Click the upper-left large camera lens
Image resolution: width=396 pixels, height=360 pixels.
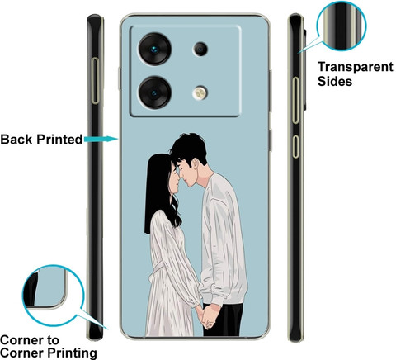coord(154,49)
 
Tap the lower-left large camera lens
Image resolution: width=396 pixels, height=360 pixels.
coord(154,92)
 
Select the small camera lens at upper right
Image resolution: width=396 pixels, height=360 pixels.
coord(200,49)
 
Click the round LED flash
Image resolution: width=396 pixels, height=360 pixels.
coord(200,92)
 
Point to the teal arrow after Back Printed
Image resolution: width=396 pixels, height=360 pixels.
coord(101,139)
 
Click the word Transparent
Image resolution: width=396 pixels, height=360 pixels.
coord(356,67)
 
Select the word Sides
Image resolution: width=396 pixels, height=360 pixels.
coord(335,81)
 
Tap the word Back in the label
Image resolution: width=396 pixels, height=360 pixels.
coord(16,139)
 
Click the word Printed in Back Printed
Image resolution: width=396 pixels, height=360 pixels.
coord(59,139)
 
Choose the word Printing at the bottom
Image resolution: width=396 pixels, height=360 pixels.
coord(72,353)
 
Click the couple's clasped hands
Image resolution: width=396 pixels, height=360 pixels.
coord(206,316)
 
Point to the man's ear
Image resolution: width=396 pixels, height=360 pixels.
coord(195,164)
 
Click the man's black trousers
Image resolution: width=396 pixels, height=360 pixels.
coord(223,320)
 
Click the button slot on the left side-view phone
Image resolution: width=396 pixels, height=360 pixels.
coord(95,81)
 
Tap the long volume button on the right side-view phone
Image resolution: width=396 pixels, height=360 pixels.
coord(295,100)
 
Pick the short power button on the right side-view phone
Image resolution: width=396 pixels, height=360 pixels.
coord(295,146)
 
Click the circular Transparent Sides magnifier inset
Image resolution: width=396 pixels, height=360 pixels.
coord(342,26)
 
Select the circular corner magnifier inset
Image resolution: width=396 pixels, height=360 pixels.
coord(53,296)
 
